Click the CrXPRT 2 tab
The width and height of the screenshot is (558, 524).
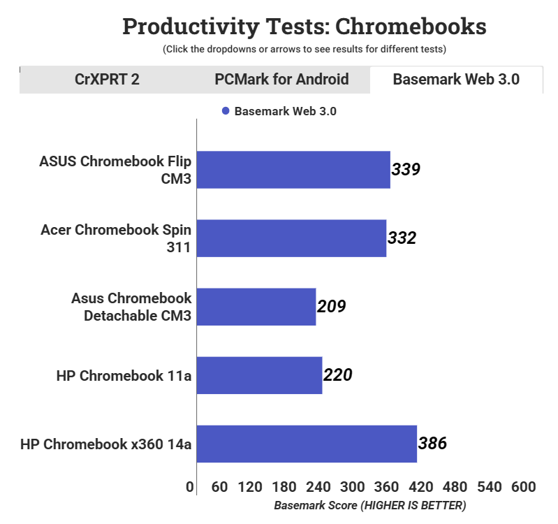tap(107, 79)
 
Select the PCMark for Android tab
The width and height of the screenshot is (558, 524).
tap(281, 79)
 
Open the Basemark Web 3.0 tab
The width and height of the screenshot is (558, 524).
tap(456, 79)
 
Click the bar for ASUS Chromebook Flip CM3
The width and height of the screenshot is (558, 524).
tap(293, 170)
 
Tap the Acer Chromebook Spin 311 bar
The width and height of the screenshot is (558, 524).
tap(291, 238)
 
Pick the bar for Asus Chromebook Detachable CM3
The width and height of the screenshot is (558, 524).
tap(256, 307)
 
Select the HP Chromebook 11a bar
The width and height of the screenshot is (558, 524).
tap(259, 375)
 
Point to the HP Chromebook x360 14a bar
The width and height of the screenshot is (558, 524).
tap(307, 444)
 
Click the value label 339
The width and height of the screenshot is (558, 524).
tap(406, 169)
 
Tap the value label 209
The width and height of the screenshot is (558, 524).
tap(332, 306)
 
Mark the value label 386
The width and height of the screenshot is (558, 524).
tap(432, 443)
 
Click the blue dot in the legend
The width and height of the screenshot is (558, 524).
tap(226, 111)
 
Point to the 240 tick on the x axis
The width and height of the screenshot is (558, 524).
tap(318, 487)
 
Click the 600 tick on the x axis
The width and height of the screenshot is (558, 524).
tap(523, 487)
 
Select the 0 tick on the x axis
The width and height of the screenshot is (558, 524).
tap(190, 487)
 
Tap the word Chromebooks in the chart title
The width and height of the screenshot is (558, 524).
tap(411, 27)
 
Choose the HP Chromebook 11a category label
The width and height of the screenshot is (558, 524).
tap(124, 375)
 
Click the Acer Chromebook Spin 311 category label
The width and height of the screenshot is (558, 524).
tap(116, 238)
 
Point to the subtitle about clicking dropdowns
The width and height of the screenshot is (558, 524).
tap(304, 50)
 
